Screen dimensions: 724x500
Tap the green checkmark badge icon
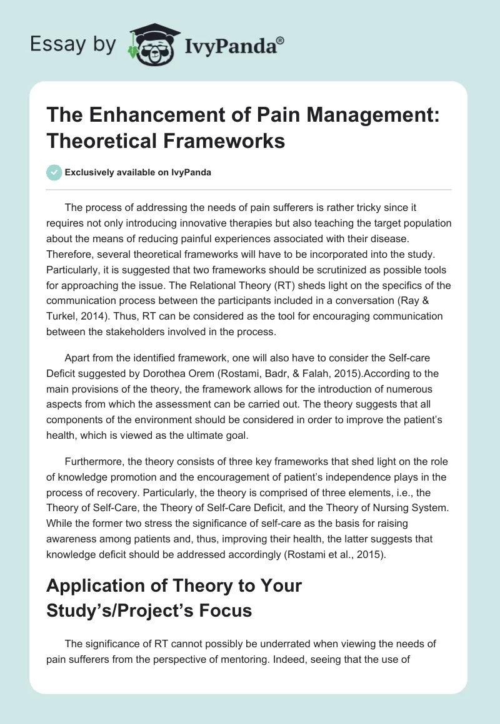[x=54, y=172]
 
